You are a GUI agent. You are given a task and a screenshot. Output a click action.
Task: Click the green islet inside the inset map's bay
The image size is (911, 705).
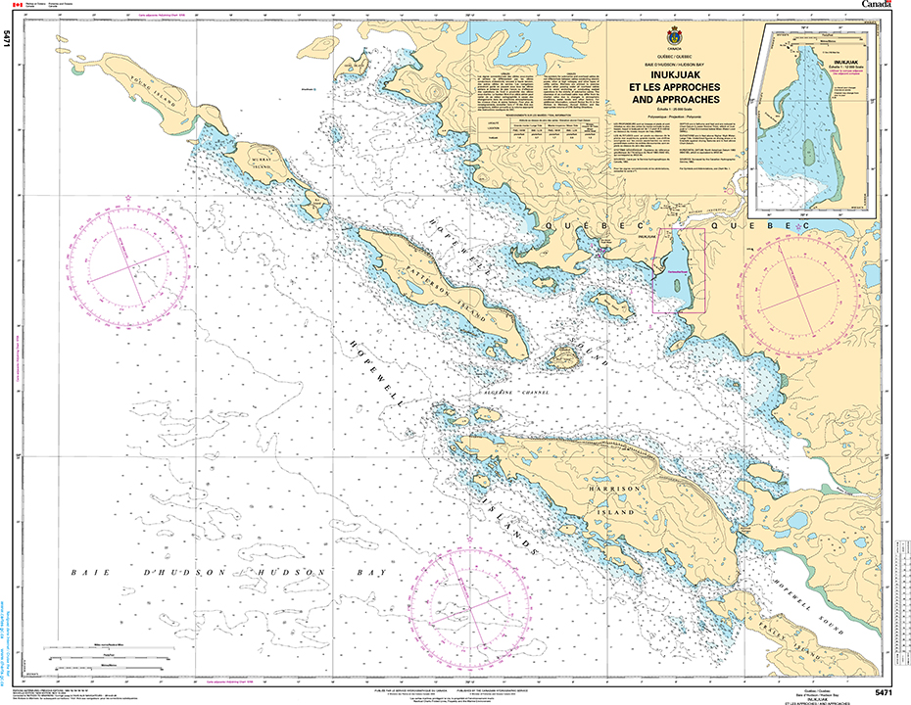(x=809, y=151)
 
